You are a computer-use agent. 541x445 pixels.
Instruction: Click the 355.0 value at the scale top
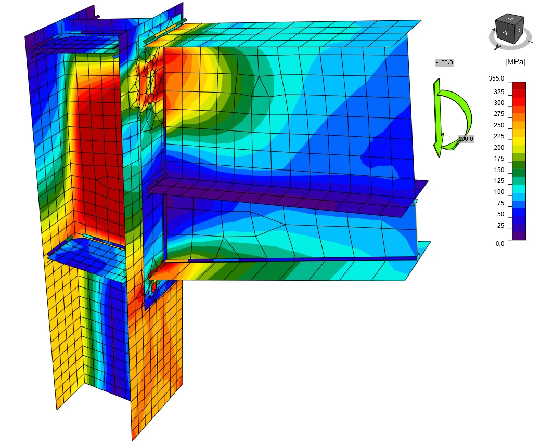click(x=496, y=78)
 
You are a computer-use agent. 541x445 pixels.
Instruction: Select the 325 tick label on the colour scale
click(x=499, y=92)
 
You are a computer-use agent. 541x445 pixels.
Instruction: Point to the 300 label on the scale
click(x=499, y=103)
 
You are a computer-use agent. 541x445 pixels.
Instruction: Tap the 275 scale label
click(x=499, y=114)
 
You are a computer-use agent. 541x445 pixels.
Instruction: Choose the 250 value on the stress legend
click(x=499, y=125)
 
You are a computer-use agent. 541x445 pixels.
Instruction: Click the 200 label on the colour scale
click(x=499, y=148)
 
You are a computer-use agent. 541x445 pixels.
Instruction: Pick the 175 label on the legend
click(x=499, y=159)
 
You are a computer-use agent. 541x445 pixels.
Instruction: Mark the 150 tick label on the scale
click(x=499, y=170)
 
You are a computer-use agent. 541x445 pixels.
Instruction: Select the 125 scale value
click(x=499, y=181)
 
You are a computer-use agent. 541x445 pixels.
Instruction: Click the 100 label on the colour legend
click(x=499, y=192)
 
